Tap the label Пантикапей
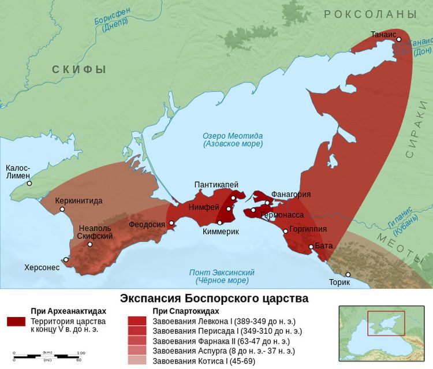(x=216, y=185)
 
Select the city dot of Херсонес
(x=66, y=260)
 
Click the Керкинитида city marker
(x=62, y=209)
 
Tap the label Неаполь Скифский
(x=95, y=233)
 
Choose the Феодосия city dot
(x=171, y=223)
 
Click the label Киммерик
(x=221, y=232)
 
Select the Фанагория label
(x=291, y=195)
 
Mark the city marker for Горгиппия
(x=286, y=232)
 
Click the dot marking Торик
(x=348, y=274)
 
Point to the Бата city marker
(x=311, y=247)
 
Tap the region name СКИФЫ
(x=79, y=70)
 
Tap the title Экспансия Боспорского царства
(x=214, y=299)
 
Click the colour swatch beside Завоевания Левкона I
(x=137, y=320)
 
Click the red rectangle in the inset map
(x=386, y=323)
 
